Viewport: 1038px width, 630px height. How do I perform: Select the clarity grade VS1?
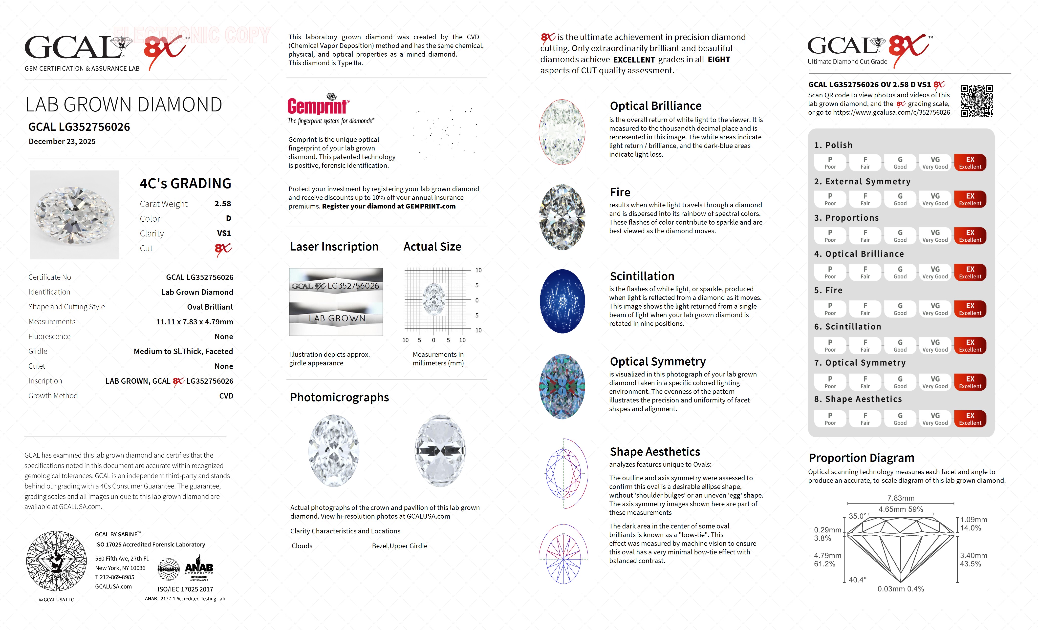224,233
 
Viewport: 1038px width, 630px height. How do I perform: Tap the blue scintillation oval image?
562,301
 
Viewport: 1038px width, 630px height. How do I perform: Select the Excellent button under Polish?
970,163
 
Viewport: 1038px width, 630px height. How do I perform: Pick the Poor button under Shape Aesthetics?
830,419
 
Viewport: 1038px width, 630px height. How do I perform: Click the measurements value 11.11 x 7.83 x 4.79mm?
195,322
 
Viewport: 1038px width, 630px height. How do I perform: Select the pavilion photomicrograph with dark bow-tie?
440,451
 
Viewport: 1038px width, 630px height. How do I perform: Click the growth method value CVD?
226,396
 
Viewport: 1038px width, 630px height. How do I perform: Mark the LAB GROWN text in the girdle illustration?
337,319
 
